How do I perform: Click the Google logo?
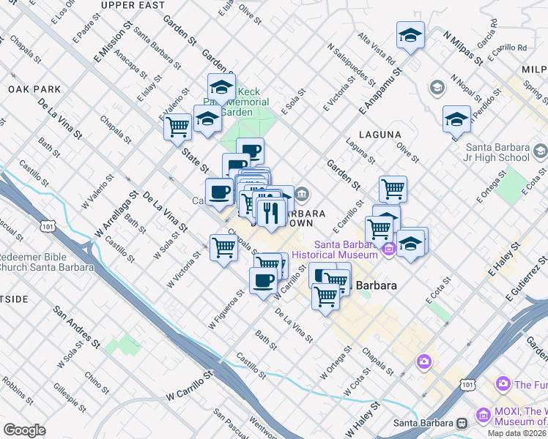[24, 430]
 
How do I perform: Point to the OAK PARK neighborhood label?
[34, 89]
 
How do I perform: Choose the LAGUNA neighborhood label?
[380, 135]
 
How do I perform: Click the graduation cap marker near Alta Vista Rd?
[410, 35]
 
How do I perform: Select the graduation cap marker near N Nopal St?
[456, 119]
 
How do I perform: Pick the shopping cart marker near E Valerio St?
[178, 127]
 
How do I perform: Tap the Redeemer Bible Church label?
[47, 262]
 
